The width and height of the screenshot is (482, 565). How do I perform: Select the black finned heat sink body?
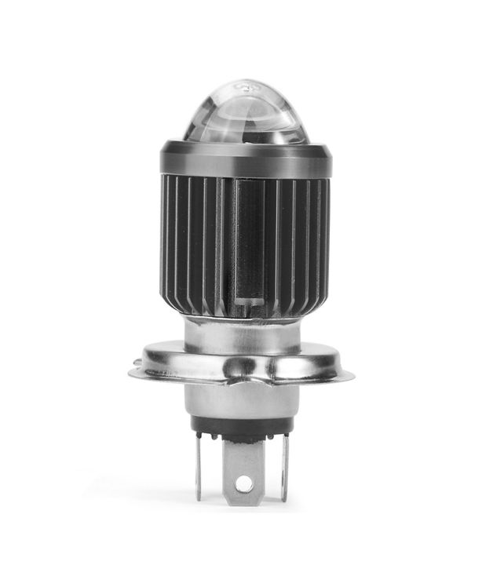click(196, 235)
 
